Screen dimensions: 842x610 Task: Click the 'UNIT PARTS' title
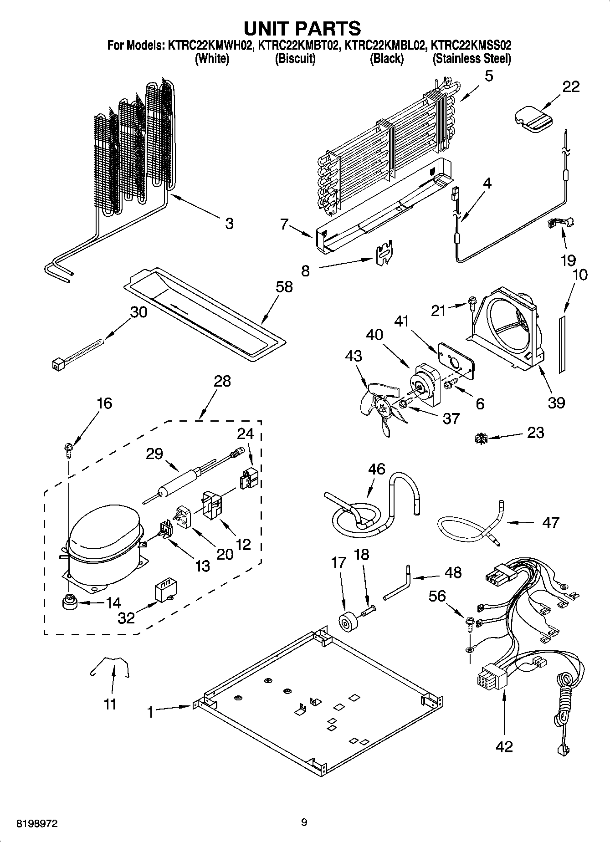(x=302, y=28)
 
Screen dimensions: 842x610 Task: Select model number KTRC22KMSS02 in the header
(x=471, y=46)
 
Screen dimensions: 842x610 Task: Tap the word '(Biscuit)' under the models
(x=295, y=59)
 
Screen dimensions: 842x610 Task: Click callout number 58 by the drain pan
(x=284, y=287)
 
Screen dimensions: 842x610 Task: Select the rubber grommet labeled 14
(x=69, y=602)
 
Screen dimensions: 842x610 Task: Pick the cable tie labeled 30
(x=77, y=355)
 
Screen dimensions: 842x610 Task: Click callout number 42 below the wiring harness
(x=504, y=746)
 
